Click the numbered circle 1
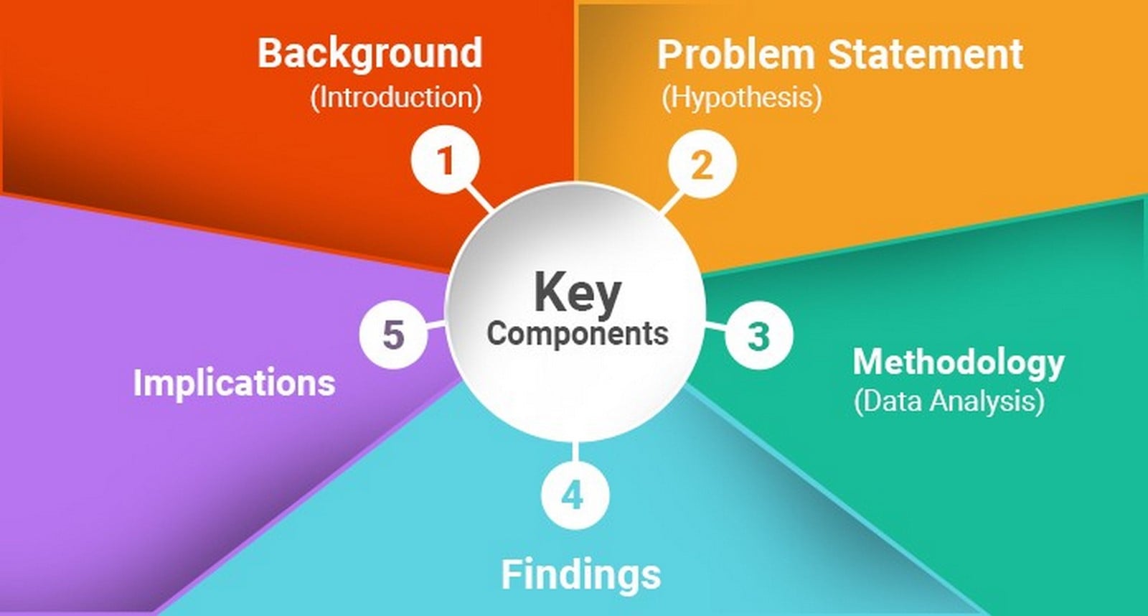[446, 159]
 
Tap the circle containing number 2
[702, 164]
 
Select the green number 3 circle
[759, 335]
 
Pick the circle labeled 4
[575, 495]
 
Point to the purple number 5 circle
[394, 335]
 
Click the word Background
[370, 53]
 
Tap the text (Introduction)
[395, 98]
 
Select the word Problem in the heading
[736, 54]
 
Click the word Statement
[926, 54]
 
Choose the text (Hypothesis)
[742, 98]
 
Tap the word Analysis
[987, 401]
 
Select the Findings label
[580, 575]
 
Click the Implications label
[234, 383]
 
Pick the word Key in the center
[578, 292]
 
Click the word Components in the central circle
[578, 335]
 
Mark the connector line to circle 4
[575, 452]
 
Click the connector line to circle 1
[479, 199]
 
